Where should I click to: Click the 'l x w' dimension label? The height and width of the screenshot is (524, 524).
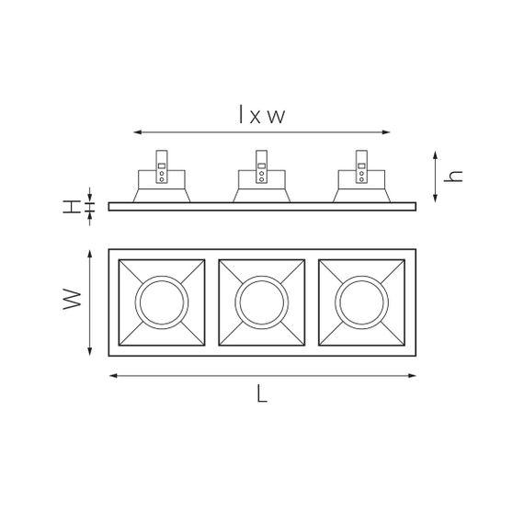[x=262, y=116]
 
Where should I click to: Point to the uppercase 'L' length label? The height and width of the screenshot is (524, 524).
[x=262, y=395]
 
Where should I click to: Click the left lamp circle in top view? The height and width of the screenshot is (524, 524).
[x=162, y=300]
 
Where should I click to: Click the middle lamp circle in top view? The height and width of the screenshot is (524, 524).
[x=262, y=300]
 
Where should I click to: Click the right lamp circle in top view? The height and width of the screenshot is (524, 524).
[x=361, y=300]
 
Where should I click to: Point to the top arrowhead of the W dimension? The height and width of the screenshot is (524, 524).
[x=89, y=253]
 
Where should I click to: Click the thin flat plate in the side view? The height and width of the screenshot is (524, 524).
[x=262, y=207]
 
